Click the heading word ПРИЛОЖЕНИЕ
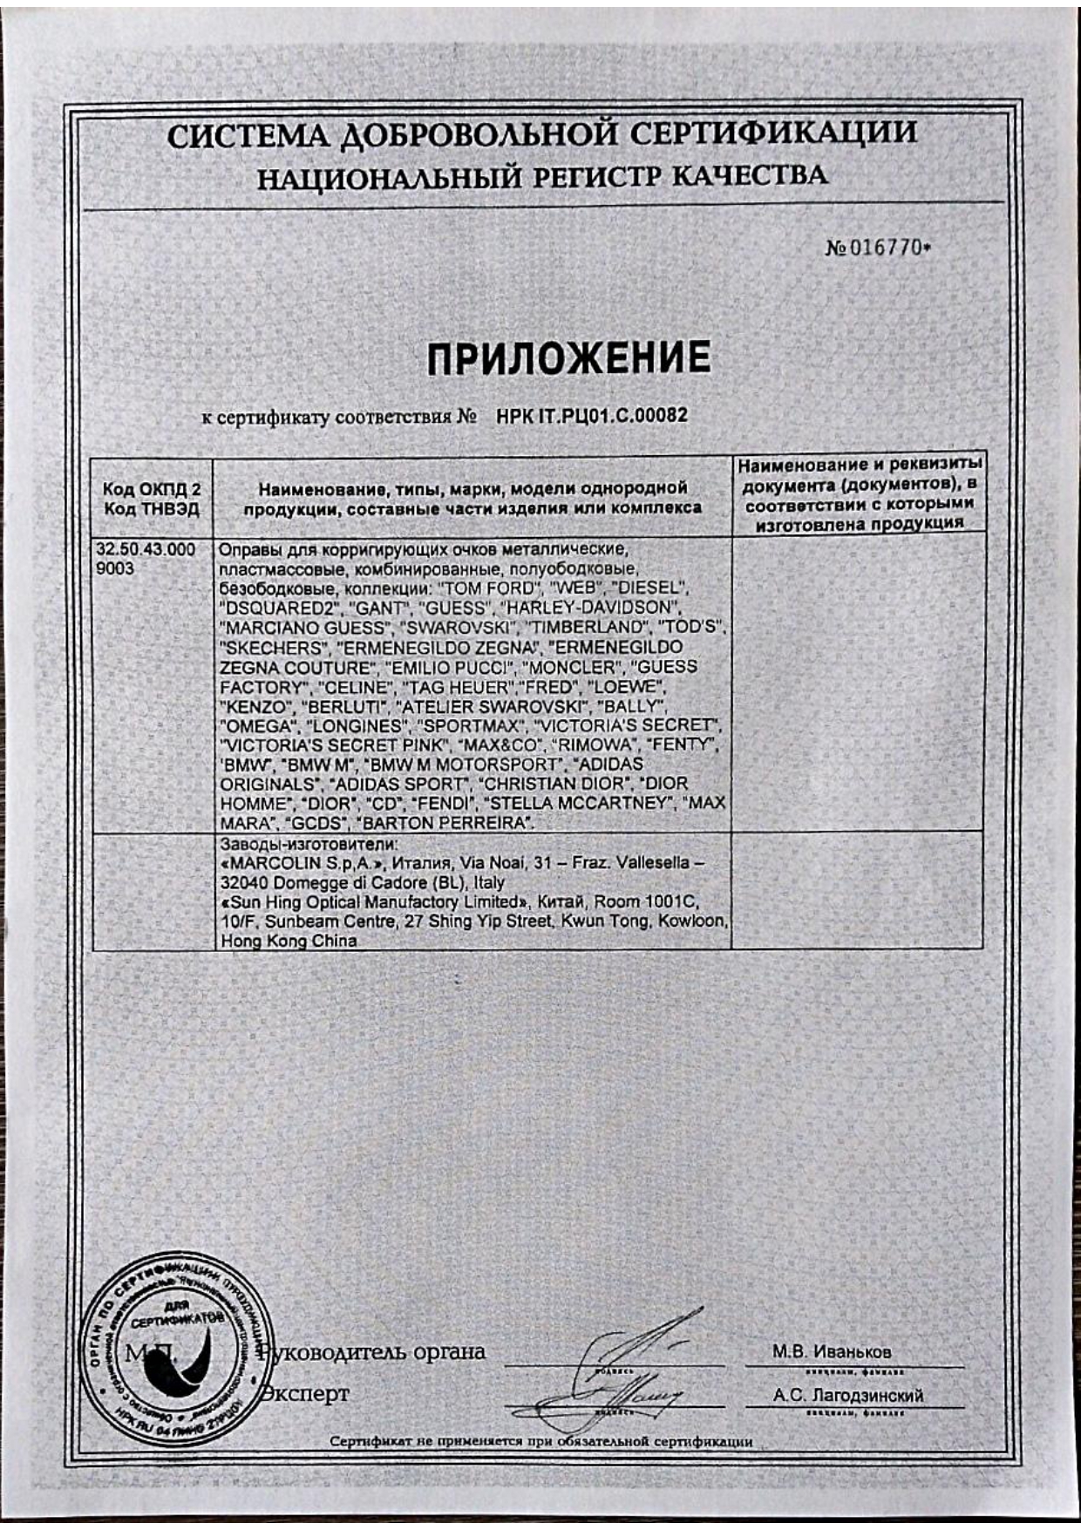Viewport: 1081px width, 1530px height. tap(568, 358)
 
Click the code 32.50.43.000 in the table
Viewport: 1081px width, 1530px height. tap(146, 551)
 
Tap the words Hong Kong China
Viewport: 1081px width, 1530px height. tap(289, 942)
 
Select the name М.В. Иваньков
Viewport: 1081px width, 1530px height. tap(831, 1352)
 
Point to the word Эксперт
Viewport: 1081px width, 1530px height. tap(306, 1392)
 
